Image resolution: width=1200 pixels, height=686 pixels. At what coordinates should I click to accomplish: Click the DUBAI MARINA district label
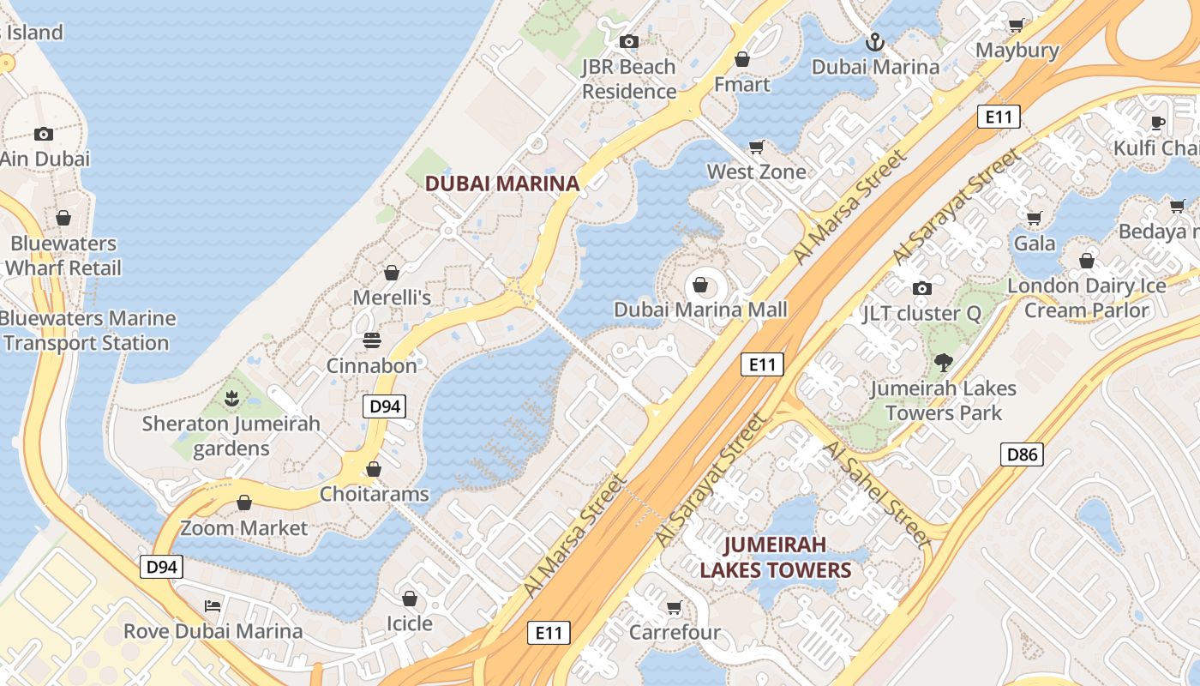point(502,183)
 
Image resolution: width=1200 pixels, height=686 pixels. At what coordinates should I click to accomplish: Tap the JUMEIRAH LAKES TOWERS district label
point(775,557)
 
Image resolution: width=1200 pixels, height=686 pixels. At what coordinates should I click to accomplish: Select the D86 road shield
point(1022,454)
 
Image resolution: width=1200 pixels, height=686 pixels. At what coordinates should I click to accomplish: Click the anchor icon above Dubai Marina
point(875,41)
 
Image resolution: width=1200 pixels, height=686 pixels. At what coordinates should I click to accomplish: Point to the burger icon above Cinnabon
point(371,340)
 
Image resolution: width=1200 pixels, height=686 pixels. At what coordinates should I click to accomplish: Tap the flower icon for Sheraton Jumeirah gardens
point(231,398)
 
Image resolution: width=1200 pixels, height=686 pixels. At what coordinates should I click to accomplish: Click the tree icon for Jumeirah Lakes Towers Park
point(944,363)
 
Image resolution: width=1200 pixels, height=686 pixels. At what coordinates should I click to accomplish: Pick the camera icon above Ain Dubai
point(44,134)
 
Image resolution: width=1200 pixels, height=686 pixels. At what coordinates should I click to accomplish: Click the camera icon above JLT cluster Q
point(921,288)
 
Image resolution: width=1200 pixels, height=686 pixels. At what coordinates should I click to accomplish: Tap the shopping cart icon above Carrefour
point(675,608)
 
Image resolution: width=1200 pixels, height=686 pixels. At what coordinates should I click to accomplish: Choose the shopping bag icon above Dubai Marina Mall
point(700,285)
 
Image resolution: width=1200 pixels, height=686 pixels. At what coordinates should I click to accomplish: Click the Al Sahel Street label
point(876,495)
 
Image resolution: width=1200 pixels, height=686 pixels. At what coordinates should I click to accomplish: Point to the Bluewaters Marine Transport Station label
point(87,331)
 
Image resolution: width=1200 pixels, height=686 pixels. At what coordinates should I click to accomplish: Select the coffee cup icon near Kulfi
point(1157,123)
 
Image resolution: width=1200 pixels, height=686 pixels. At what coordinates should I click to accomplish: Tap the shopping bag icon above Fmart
point(742,59)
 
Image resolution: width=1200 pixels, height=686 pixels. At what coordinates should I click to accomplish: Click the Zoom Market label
point(243,528)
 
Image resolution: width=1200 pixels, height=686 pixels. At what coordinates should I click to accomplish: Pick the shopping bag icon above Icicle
point(410,598)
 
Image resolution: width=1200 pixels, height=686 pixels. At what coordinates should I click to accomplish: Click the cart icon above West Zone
point(757,147)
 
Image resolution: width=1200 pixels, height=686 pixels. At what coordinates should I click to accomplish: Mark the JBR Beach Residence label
point(628,79)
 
